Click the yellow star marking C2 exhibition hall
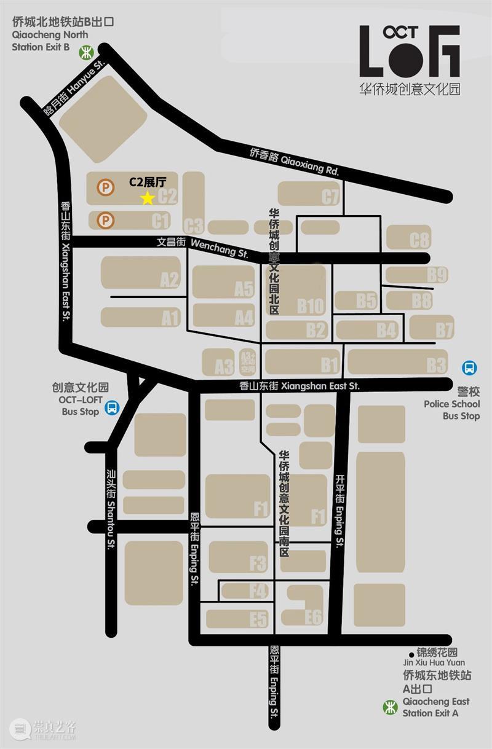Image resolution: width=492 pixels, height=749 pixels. (148, 198)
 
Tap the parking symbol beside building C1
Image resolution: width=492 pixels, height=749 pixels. (106, 219)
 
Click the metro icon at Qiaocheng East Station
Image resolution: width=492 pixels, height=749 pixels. (390, 707)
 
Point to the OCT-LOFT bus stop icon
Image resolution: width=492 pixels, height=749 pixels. (112, 407)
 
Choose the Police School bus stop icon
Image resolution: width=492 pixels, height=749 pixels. (470, 368)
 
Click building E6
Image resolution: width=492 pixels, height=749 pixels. (306, 605)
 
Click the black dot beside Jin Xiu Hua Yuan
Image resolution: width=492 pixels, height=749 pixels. (411, 654)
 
